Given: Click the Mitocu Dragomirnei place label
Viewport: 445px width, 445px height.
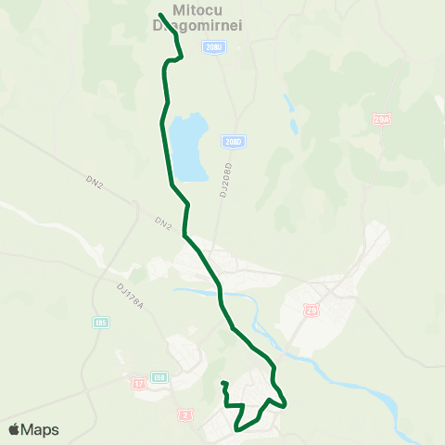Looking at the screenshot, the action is click(x=197, y=19).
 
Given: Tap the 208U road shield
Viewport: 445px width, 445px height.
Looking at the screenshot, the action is click(x=215, y=45).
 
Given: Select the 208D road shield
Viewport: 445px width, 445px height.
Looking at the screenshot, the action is click(x=233, y=142).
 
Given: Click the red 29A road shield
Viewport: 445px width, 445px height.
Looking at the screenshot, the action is click(x=382, y=120).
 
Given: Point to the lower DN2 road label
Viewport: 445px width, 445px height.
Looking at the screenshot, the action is click(x=164, y=222).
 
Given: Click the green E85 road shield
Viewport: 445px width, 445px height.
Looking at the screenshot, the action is click(x=101, y=323).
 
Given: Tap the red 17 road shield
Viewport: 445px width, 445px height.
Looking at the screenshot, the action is click(x=138, y=382).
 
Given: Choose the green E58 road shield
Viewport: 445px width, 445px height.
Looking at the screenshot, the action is click(x=159, y=377).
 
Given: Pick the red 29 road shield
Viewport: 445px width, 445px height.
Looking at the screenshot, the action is click(x=311, y=311).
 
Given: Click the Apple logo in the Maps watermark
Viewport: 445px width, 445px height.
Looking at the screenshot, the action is click(x=15, y=429).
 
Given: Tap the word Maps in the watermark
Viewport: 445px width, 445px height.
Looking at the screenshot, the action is click(x=40, y=429).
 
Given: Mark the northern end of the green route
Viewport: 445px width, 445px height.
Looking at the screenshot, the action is click(x=160, y=14).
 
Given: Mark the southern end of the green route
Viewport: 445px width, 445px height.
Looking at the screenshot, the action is click(x=223, y=383).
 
